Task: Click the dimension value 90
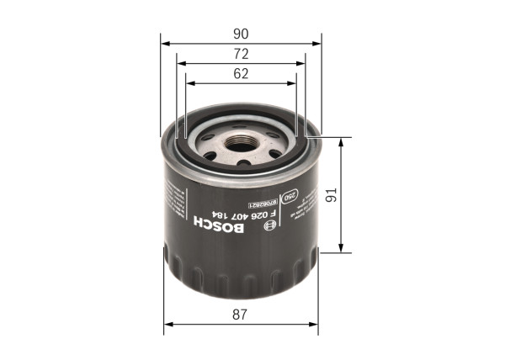coord(241,34)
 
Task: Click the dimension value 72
coord(241,54)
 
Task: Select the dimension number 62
coord(241,74)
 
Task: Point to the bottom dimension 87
coord(241,315)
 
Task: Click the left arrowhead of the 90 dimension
coord(164,42)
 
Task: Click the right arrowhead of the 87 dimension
coord(316,324)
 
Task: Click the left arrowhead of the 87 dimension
coord(167,324)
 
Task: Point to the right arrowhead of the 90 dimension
coord(318,42)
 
